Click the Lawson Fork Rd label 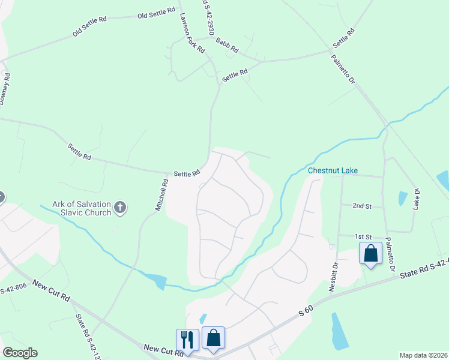192,35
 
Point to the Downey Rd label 5,89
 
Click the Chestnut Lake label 333,171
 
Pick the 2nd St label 362,206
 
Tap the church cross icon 120,208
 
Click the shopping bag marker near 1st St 370,253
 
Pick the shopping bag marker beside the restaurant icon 213,338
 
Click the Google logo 20,353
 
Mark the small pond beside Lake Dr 402,198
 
